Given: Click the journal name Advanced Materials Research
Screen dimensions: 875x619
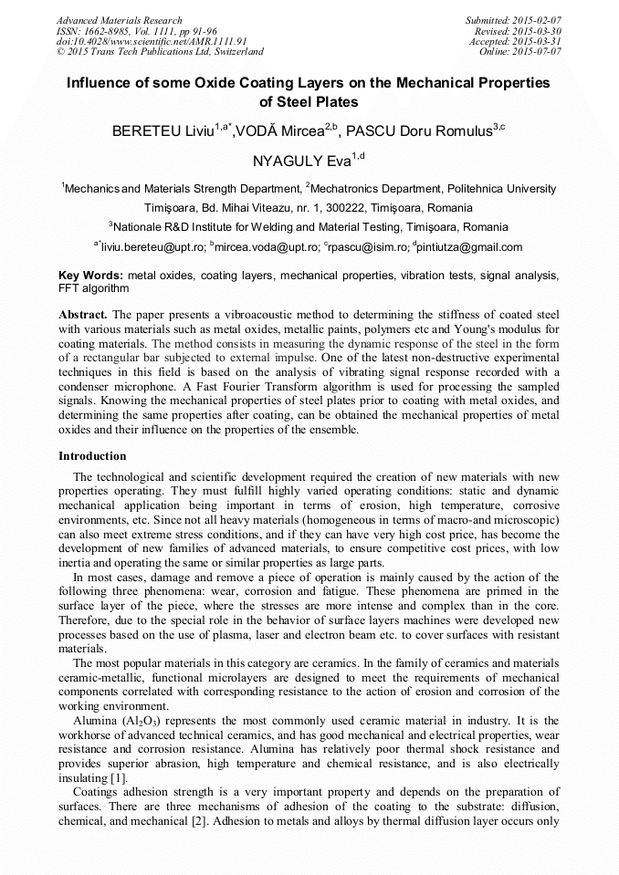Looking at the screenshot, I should tap(119, 20).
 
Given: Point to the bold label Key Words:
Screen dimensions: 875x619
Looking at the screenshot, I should tap(90, 275).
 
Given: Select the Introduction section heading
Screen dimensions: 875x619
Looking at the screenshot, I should tap(92, 456).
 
